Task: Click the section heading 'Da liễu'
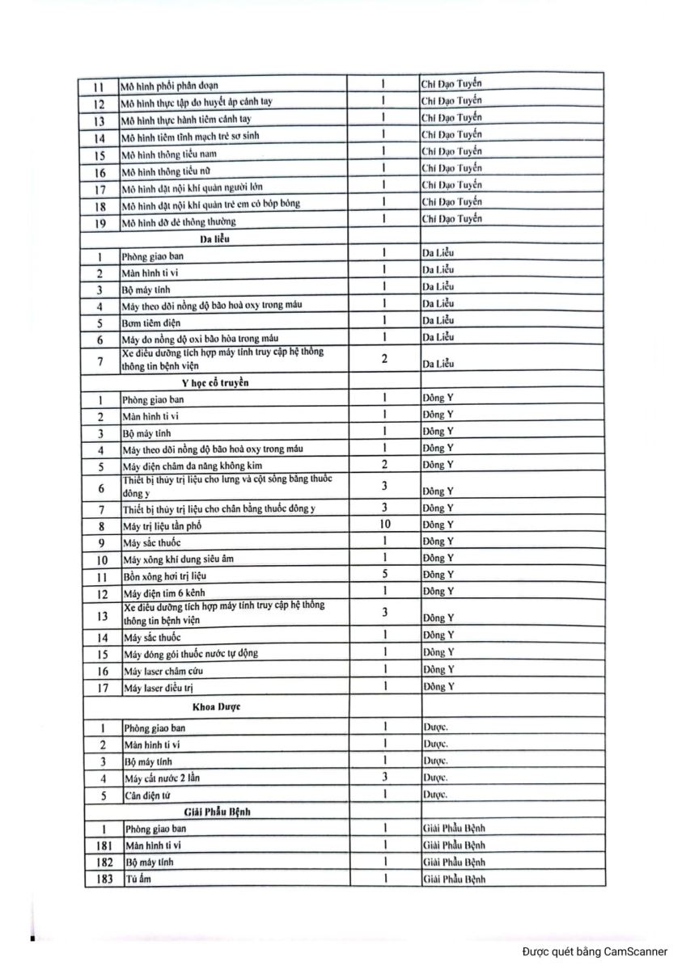(218, 238)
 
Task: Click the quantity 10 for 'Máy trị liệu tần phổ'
(385, 525)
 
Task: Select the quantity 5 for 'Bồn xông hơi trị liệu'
(385, 574)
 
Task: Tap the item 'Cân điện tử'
(147, 795)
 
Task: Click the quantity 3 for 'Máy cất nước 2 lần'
(385, 777)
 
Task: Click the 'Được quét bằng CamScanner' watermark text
(595, 951)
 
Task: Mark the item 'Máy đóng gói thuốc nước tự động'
(190, 653)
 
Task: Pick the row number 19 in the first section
(100, 221)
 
